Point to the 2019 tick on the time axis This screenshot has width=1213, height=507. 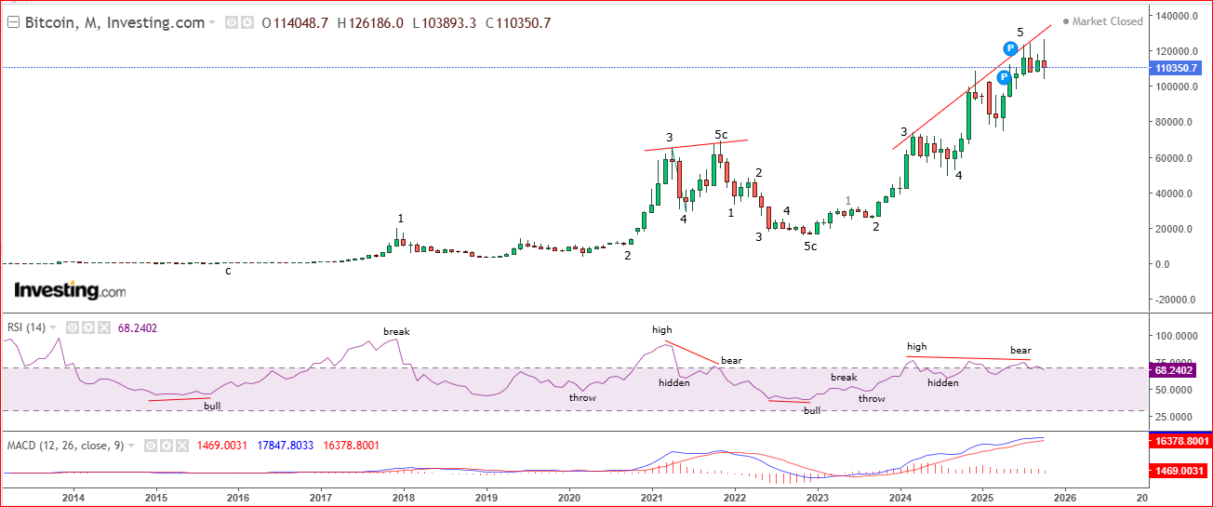pos(487,498)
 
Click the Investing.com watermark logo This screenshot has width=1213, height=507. pos(70,291)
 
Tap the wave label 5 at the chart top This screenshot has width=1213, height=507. pos(1020,33)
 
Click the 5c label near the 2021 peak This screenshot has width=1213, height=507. pos(722,135)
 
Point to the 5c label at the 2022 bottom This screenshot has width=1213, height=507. pos(810,247)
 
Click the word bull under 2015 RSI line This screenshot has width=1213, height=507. pos(212,406)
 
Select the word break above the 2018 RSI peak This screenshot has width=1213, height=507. pos(396,331)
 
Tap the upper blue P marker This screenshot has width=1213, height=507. pos(1011,48)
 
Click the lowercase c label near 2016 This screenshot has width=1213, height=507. pos(228,271)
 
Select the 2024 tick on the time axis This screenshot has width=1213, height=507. pos(900,498)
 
